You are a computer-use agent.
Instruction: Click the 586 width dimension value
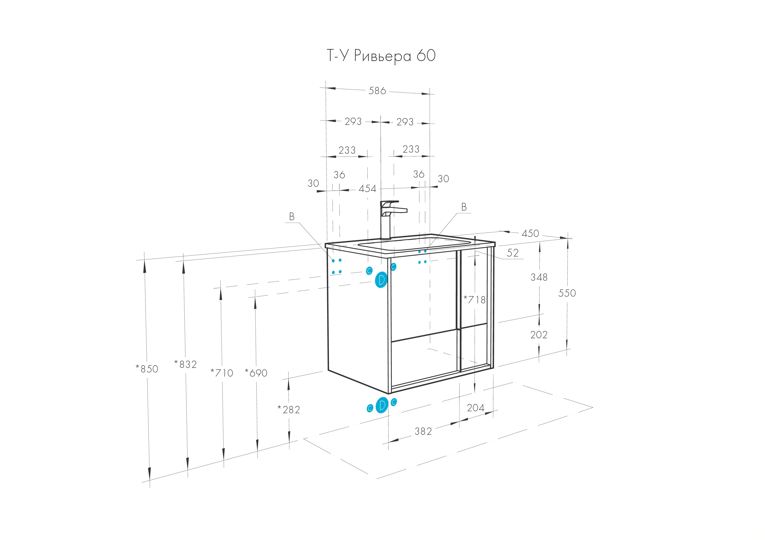coord(377,91)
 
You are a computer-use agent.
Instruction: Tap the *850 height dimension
coord(147,369)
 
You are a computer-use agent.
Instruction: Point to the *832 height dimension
coord(186,364)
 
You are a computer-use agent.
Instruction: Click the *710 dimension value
coord(222,373)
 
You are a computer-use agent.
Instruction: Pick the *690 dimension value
coord(256,373)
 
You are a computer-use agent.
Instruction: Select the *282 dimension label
coord(289,409)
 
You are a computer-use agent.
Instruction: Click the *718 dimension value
coord(475,300)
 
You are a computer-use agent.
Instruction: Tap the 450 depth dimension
coord(530,233)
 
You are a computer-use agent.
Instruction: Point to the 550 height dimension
coord(567,293)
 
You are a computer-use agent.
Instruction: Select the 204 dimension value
coord(476,408)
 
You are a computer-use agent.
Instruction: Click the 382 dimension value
coord(423,431)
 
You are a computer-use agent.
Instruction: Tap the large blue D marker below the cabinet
coord(382,405)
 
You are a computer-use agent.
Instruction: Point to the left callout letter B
coord(292,217)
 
